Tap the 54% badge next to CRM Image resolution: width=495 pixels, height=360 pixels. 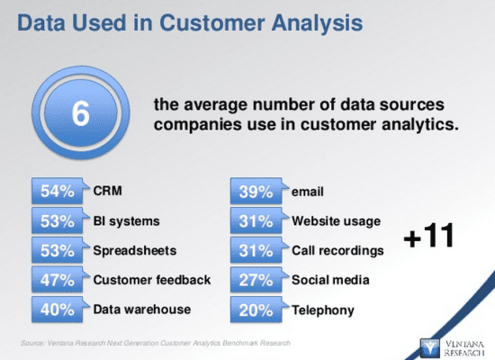(58, 192)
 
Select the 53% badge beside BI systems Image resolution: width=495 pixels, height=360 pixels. (58, 221)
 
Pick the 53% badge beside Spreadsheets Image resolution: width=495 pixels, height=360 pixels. (58, 251)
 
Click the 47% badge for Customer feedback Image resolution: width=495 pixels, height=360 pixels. (58, 281)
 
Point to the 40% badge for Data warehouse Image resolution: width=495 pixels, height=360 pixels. (58, 310)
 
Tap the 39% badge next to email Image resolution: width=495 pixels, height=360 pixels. (256, 192)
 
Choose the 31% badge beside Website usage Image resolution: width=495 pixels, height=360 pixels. (256, 221)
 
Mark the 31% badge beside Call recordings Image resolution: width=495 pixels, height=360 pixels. (256, 251)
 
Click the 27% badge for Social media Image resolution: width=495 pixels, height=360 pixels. (256, 281)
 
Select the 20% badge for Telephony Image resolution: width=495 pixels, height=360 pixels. (256, 310)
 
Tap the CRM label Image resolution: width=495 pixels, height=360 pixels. (107, 191)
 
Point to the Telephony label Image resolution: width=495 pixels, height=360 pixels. (322, 310)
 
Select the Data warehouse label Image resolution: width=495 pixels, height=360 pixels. (142, 310)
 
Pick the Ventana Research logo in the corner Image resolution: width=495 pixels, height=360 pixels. (454, 344)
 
